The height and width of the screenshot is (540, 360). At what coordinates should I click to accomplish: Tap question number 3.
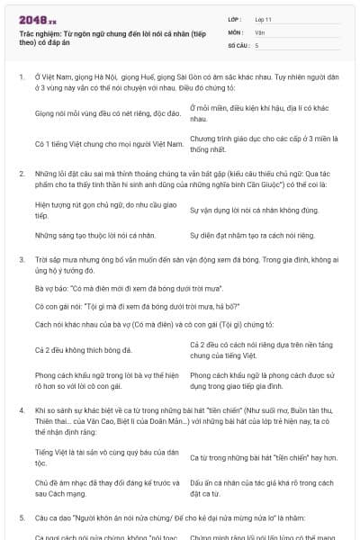[22, 257]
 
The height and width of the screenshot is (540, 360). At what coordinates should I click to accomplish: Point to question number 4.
[22, 410]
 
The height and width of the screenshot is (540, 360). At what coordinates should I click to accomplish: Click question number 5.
[22, 518]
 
